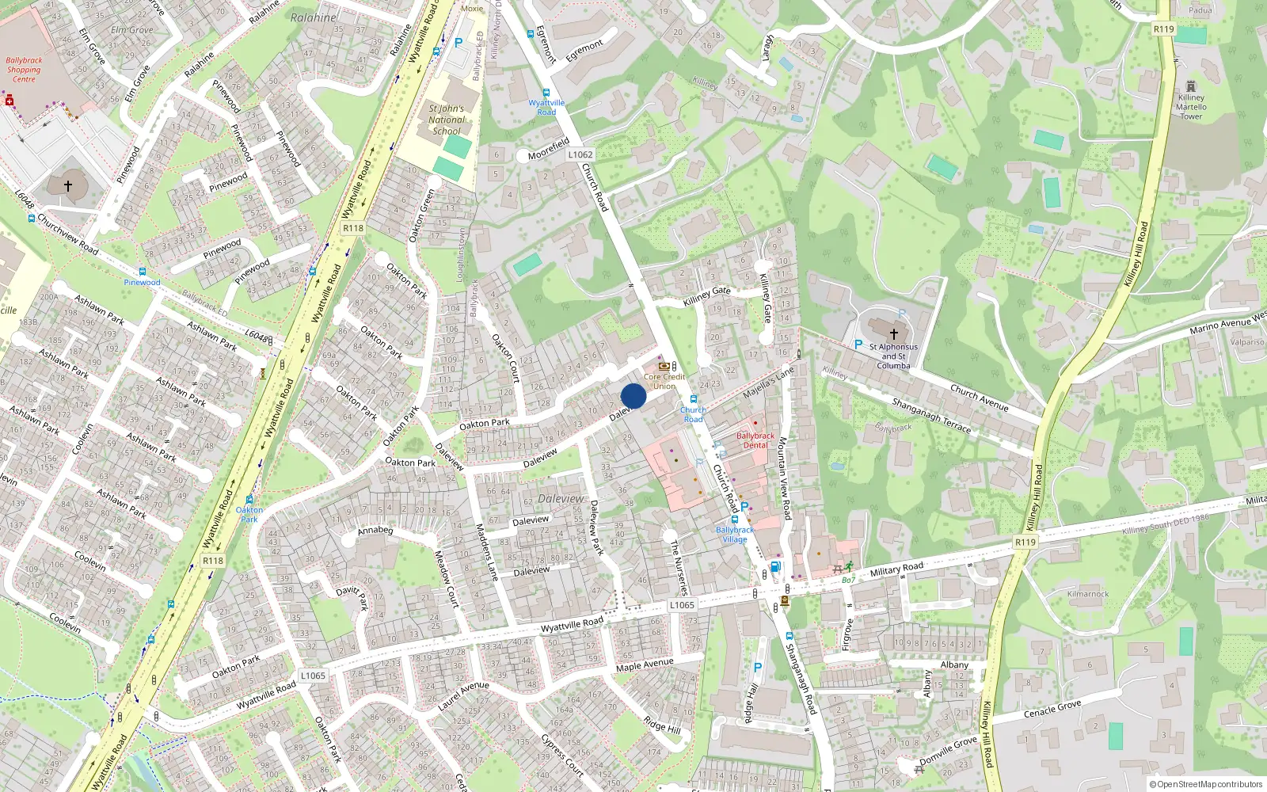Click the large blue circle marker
click(x=633, y=396)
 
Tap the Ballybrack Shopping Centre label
click(x=24, y=70)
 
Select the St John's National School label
click(x=447, y=120)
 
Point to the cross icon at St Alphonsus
click(x=894, y=334)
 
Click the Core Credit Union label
click(x=664, y=381)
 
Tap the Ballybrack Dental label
click(x=755, y=440)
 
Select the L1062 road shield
click(x=580, y=154)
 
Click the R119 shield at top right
click(x=1163, y=29)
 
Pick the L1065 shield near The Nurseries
click(x=682, y=604)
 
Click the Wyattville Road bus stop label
click(x=546, y=107)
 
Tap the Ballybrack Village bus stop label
click(x=735, y=535)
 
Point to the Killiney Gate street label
click(x=706, y=296)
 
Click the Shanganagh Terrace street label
click(x=931, y=416)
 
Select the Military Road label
click(x=896, y=569)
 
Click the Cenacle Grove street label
click(x=1052, y=708)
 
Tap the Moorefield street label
click(x=549, y=149)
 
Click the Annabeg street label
click(x=375, y=530)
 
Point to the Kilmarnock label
click(x=1088, y=594)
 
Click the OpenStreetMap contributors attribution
click(x=1206, y=784)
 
